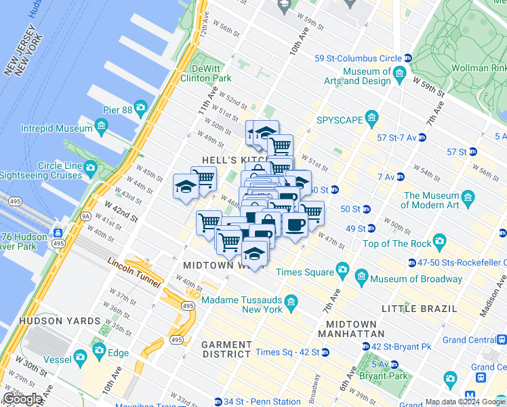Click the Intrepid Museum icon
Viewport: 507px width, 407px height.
pos(102,125)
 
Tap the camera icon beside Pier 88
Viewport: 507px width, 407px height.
pos(140,107)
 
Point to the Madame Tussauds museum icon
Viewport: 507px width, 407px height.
pos(291,301)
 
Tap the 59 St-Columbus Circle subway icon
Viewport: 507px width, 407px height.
pos(407,58)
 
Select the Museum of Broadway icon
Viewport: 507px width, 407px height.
pos(361,279)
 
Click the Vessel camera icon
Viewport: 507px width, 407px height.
pos(81,355)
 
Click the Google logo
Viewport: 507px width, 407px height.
pos(23,399)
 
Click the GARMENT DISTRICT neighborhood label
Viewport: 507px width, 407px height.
pos(227,349)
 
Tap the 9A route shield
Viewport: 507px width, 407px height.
pos(86,216)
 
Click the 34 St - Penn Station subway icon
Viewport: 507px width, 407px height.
pos(218,402)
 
